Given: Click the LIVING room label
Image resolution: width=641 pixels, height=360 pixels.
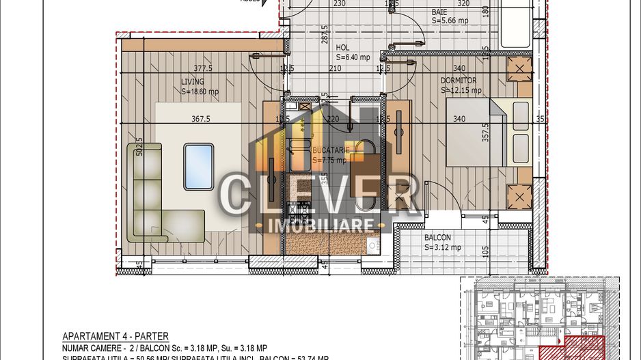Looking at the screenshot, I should click(x=192, y=81).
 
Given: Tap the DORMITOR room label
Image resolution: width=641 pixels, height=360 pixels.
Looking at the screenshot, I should click(x=458, y=80).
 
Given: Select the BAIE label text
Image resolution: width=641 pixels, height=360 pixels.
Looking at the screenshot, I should click(x=439, y=12).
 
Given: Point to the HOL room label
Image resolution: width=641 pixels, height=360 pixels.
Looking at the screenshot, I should click(x=342, y=48).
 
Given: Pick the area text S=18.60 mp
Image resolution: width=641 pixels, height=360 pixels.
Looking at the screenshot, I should click(x=200, y=92).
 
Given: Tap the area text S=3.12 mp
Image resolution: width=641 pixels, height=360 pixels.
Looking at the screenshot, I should click(x=441, y=247).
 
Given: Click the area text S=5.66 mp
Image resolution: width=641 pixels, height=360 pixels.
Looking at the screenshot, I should click(x=450, y=20).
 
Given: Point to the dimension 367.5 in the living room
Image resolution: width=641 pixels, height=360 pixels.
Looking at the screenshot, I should click(x=200, y=119).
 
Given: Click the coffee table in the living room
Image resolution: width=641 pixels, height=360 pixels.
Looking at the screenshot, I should click(x=198, y=167).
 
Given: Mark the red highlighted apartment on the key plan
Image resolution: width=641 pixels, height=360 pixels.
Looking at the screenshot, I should click(x=581, y=349).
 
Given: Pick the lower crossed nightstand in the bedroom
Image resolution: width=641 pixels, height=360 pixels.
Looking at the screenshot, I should click(x=519, y=197).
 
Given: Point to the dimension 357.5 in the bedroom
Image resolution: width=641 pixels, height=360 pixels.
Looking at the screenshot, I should click(x=486, y=137).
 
